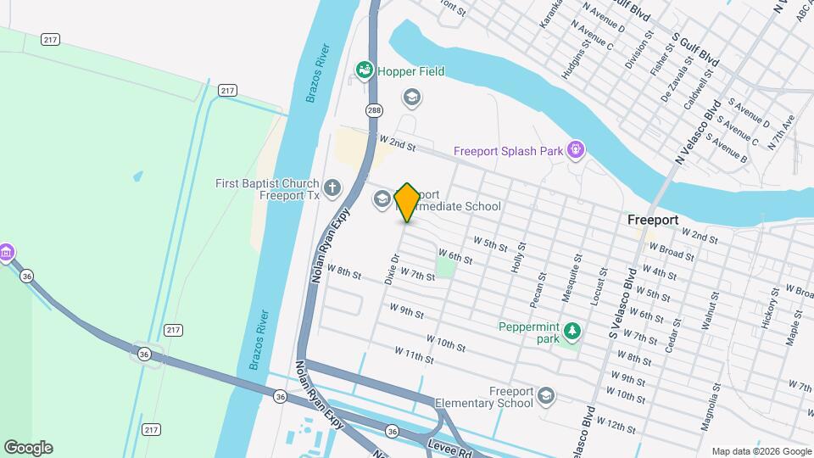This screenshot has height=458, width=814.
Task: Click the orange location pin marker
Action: pyautogui.click(x=407, y=203)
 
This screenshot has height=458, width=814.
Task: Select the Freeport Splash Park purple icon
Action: pyautogui.click(x=576, y=151)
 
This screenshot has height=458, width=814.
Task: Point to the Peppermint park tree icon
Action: pyautogui.click(x=573, y=329)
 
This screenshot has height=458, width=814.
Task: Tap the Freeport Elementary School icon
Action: pyautogui.click(x=547, y=396)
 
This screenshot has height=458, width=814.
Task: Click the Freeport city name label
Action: pyautogui.click(x=652, y=220)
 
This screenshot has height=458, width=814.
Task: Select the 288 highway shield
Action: pyautogui.click(x=374, y=110)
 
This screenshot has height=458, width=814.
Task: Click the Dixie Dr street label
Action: pyautogui.click(x=392, y=270)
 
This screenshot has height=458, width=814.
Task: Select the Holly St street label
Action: pyautogui.click(x=518, y=255)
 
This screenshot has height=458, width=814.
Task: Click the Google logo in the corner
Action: pyautogui.click(x=28, y=448)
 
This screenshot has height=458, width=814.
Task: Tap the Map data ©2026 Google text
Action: pyautogui.click(x=761, y=451)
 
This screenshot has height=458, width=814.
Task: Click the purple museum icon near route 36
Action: pyautogui.click(x=7, y=252)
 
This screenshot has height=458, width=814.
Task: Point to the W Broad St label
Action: pyautogui.click(x=671, y=251)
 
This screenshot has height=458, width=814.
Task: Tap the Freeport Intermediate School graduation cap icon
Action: pyautogui.click(x=382, y=199)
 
